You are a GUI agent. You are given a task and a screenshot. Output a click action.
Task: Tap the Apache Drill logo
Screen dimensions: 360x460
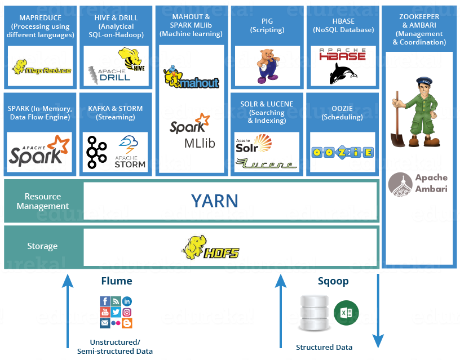pyautogui.click(x=108, y=74)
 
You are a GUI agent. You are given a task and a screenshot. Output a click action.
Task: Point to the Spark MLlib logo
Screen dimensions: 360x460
pyautogui.click(x=192, y=131)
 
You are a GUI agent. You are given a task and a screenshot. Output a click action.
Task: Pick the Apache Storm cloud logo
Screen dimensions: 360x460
pyautogui.click(x=130, y=152)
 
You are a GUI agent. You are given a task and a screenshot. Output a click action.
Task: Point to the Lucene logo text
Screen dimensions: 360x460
pyautogui.click(x=266, y=164)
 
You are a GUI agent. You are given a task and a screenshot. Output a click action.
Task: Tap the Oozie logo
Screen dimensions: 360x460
pyautogui.click(x=342, y=153)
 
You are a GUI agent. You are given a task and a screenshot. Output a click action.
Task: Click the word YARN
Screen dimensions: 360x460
pyautogui.click(x=214, y=201)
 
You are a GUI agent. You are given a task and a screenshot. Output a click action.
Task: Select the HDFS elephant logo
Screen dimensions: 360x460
pyautogui.click(x=211, y=247)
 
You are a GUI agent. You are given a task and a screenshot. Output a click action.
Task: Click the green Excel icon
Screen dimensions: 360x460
pyautogui.click(x=346, y=313)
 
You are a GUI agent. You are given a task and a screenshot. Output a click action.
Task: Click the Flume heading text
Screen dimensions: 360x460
pyautogui.click(x=116, y=281)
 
